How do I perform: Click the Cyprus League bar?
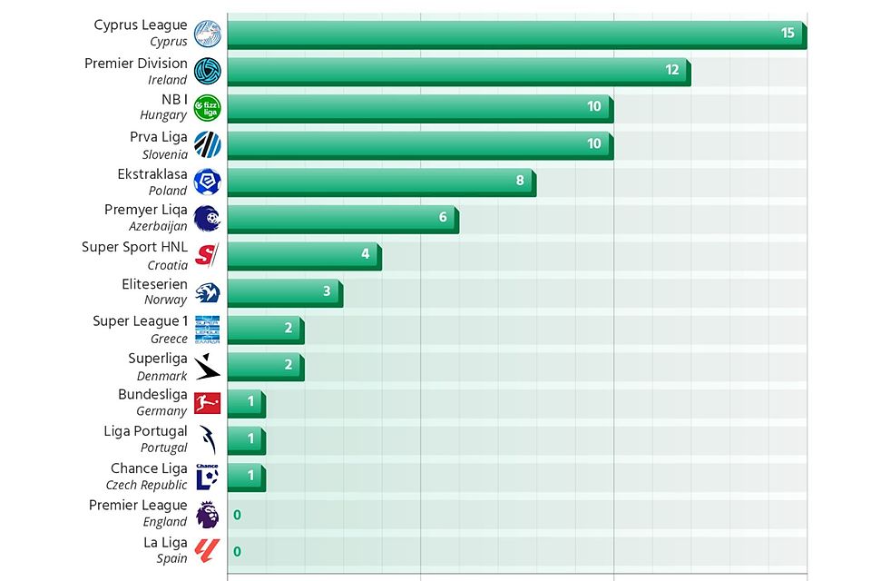tap(515, 34)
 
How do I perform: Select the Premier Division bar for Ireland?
tap(457, 71)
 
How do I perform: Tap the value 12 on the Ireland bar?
tap(671, 70)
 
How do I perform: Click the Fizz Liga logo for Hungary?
tap(207, 108)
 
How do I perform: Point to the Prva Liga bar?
tap(419, 144)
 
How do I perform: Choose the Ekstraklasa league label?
tap(152, 173)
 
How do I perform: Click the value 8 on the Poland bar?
tap(520, 181)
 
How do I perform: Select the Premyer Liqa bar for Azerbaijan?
tap(341, 218)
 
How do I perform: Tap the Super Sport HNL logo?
tap(207, 255)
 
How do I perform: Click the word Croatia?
tap(168, 265)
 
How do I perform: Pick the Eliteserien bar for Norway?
tap(283, 292)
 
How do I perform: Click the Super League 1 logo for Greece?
tap(207, 330)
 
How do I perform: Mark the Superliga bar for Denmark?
tap(264, 366)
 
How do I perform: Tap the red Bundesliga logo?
tap(207, 403)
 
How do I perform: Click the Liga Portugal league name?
tap(145, 431)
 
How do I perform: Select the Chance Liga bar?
tap(245, 477)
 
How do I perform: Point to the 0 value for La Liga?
tap(237, 552)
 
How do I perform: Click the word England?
tap(165, 522)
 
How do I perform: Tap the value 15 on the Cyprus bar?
tap(787, 33)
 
